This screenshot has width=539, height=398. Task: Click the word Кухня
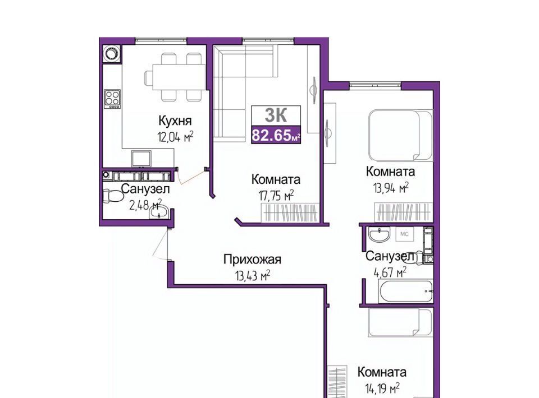(x=175, y=121)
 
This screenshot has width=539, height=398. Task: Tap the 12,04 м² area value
(x=175, y=137)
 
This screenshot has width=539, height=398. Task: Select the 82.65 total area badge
(x=276, y=135)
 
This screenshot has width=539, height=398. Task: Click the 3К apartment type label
(x=276, y=115)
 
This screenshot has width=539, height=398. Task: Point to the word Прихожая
(x=252, y=260)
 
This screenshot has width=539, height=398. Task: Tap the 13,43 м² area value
(x=252, y=275)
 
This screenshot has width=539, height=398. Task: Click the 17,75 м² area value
(x=276, y=196)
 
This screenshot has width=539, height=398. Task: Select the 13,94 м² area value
(x=391, y=187)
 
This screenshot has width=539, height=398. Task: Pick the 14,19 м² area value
(x=382, y=388)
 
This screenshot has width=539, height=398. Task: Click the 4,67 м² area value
(x=390, y=273)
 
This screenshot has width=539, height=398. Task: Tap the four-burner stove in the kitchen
(x=112, y=99)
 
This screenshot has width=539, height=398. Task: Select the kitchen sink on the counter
(x=141, y=159)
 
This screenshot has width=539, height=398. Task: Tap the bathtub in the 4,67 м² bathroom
(x=405, y=292)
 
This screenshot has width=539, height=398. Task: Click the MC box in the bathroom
(x=405, y=234)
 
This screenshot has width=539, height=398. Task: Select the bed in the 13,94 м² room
(x=400, y=136)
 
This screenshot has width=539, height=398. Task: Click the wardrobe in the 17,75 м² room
(x=290, y=212)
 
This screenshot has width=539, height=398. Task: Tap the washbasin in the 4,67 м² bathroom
(x=379, y=235)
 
